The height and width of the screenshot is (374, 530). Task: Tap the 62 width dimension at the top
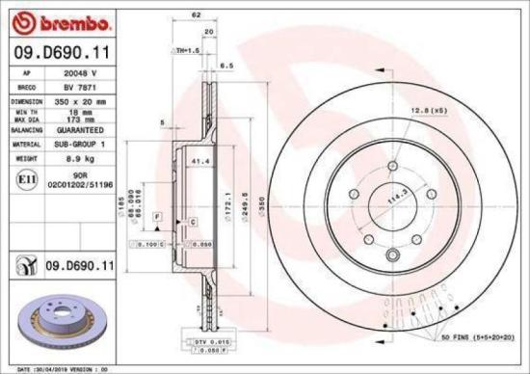point(196,15)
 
